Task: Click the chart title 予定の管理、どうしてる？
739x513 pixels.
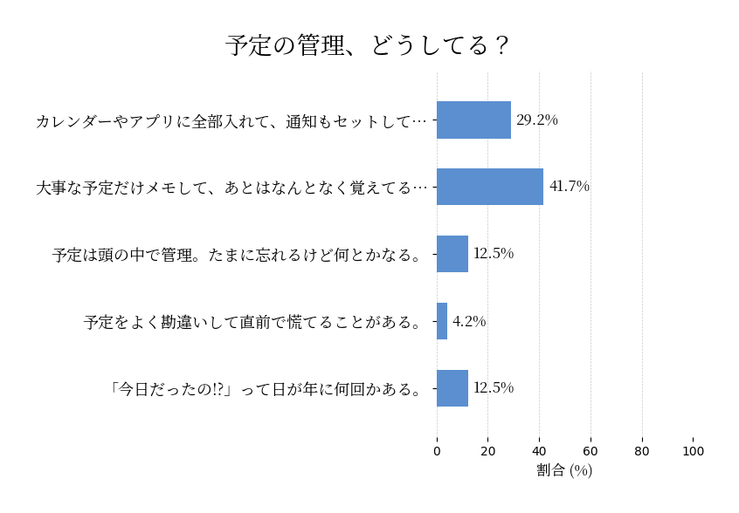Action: (368, 45)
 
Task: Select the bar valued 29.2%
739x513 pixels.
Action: (473, 120)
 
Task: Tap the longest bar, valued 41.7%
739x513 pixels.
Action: (490, 187)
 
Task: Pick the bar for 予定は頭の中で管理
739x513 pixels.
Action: (452, 254)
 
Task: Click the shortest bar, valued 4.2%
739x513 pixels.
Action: (442, 321)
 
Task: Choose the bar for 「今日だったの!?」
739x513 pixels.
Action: (452, 388)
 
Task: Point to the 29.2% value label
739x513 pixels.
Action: (537, 120)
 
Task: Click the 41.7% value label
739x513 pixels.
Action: (570, 187)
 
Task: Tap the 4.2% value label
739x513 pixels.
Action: (469, 321)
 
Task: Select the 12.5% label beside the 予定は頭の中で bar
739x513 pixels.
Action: (494, 254)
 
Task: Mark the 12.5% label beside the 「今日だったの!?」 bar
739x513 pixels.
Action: (494, 388)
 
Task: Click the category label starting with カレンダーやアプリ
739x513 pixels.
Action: (231, 121)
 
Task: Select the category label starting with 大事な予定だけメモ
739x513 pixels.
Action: (231, 188)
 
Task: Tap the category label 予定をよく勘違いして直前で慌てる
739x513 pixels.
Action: (253, 322)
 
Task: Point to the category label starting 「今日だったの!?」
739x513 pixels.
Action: (265, 389)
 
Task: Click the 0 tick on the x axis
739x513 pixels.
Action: (437, 451)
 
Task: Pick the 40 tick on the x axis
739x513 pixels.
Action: (540, 451)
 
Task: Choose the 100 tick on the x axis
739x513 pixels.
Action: (694, 451)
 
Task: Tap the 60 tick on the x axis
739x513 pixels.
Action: (591, 451)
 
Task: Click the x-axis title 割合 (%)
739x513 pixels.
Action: (564, 470)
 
